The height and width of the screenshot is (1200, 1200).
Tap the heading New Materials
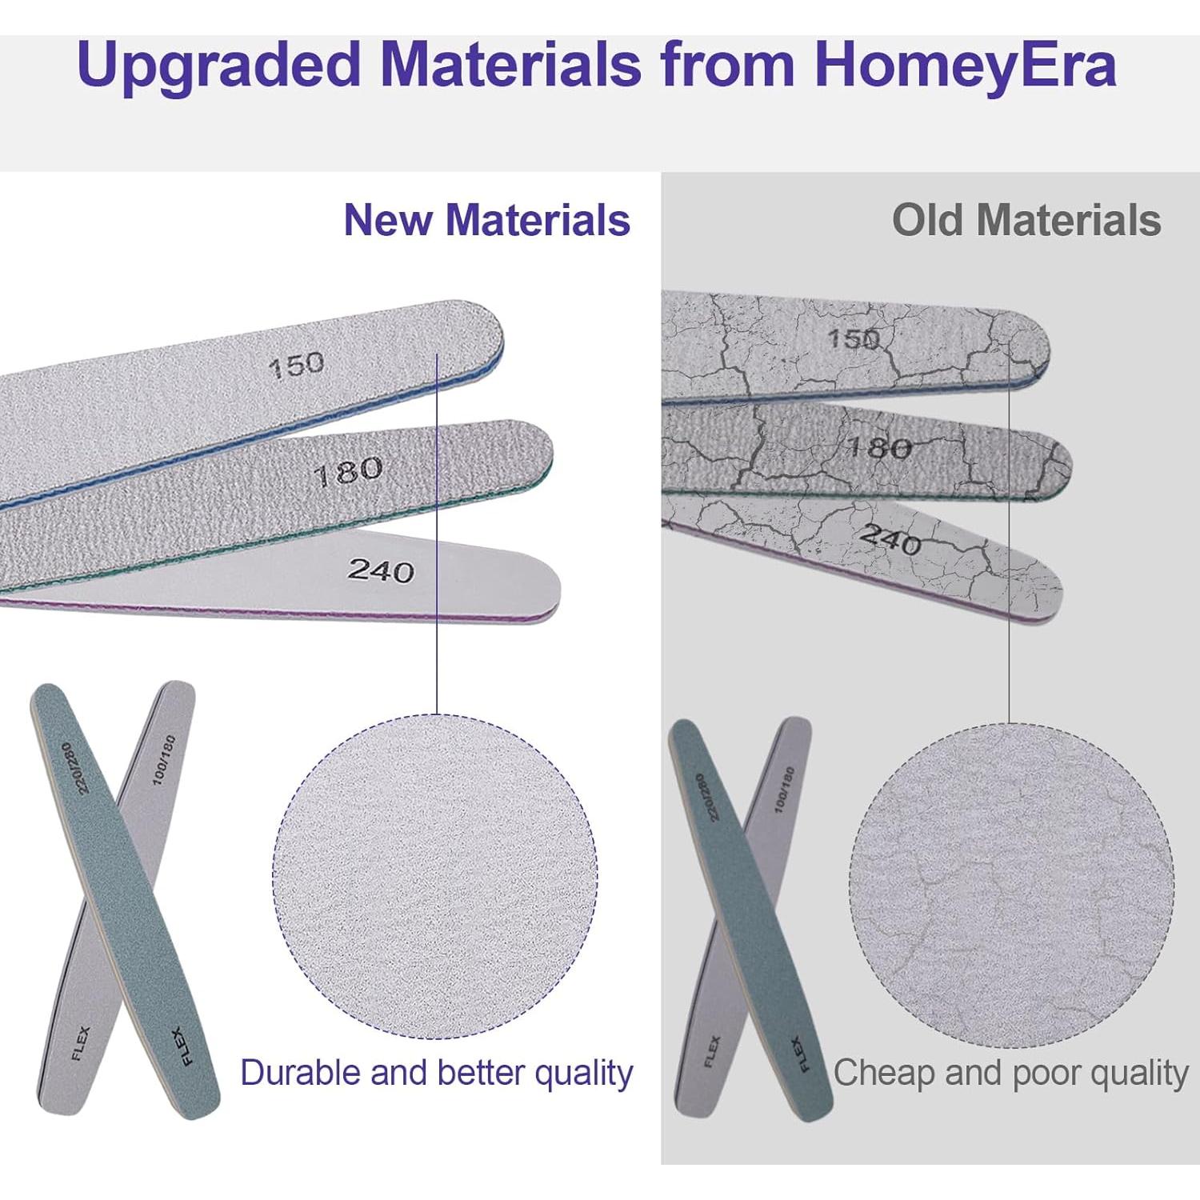[487, 220]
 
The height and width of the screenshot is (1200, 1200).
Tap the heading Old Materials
[1026, 220]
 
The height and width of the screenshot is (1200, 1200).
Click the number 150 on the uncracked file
[296, 366]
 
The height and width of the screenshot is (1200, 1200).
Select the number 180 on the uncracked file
[348, 472]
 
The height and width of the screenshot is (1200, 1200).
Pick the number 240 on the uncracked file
[381, 570]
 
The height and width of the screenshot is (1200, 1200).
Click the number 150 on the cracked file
[854, 338]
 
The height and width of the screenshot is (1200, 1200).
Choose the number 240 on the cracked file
[890, 539]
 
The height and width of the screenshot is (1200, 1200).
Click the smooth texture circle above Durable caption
[435, 877]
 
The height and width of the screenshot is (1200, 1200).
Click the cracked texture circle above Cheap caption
[1011, 885]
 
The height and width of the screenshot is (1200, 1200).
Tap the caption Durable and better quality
[437, 1073]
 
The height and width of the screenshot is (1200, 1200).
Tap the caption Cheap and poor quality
[1011, 1073]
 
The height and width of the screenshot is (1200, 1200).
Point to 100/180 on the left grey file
[164, 759]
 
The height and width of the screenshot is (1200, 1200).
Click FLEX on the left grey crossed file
[81, 1042]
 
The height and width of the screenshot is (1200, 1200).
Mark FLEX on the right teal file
[801, 1054]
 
